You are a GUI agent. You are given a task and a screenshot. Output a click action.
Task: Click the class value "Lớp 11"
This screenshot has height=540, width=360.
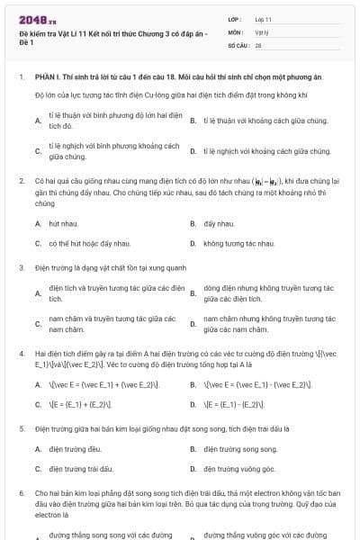(263, 18)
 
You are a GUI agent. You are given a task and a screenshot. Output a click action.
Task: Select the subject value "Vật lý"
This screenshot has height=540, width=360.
(261, 31)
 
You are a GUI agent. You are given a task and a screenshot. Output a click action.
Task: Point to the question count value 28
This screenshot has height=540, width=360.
(258, 43)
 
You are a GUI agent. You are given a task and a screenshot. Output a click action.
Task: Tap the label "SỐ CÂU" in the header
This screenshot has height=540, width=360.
(238, 43)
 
